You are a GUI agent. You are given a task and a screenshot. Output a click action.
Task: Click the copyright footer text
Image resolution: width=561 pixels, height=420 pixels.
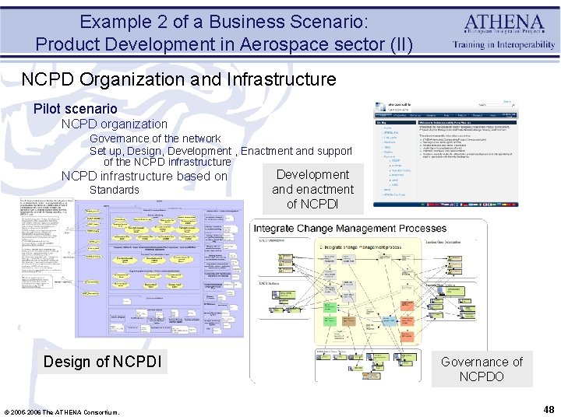[x=62, y=411]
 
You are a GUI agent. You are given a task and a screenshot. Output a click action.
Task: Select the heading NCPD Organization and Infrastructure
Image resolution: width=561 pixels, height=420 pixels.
[x=178, y=79]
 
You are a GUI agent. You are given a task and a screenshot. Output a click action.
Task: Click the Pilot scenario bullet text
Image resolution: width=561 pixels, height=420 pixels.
[x=76, y=109]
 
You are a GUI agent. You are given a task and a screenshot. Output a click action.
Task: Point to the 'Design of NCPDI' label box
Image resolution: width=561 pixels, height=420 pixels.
[x=103, y=362]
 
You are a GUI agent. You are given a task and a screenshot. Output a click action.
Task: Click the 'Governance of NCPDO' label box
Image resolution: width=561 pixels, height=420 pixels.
[x=481, y=369]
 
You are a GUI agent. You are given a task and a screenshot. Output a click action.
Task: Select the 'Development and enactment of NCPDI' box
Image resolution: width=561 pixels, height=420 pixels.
[x=312, y=189]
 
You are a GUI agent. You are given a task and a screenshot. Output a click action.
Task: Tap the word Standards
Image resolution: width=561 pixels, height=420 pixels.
[x=115, y=190]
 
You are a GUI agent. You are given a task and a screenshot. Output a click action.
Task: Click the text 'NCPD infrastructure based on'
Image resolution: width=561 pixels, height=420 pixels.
[x=144, y=176]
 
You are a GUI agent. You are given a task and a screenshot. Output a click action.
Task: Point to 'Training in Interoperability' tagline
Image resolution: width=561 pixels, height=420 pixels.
[x=504, y=45]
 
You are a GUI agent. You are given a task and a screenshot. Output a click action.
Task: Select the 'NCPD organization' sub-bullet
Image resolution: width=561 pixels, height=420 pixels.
[x=115, y=124]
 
